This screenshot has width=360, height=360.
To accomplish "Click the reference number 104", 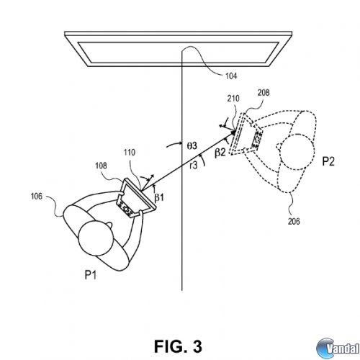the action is tap(231, 76).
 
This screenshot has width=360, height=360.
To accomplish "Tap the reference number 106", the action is tap(37, 197).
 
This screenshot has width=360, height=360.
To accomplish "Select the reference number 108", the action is tap(101, 166).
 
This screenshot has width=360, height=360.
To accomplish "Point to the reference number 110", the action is tap(130, 152).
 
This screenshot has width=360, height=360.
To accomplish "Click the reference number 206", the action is tap(294, 221).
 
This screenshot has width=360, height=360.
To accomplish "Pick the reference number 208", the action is tap(264, 93).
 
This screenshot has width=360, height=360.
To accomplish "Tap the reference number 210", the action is tap(233, 99).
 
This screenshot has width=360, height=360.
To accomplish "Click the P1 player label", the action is tap(91, 274).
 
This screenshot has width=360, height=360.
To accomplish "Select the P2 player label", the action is tap(328, 161).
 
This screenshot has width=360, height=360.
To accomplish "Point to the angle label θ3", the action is tap(192, 145).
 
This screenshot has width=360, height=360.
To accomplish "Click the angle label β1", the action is tap(159, 197).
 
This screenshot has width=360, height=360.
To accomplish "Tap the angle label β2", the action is tap(220, 153).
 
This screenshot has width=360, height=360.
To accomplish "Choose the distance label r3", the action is tap(193, 166).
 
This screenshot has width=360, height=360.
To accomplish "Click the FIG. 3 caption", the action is tap(178, 346).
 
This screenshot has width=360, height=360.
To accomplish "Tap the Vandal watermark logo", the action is tap(338, 348).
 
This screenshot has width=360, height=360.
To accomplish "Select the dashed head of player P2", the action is tap(297, 152).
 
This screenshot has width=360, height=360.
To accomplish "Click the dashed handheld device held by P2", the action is tap(246, 133).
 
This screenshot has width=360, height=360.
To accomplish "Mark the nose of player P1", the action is tap(109, 225).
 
